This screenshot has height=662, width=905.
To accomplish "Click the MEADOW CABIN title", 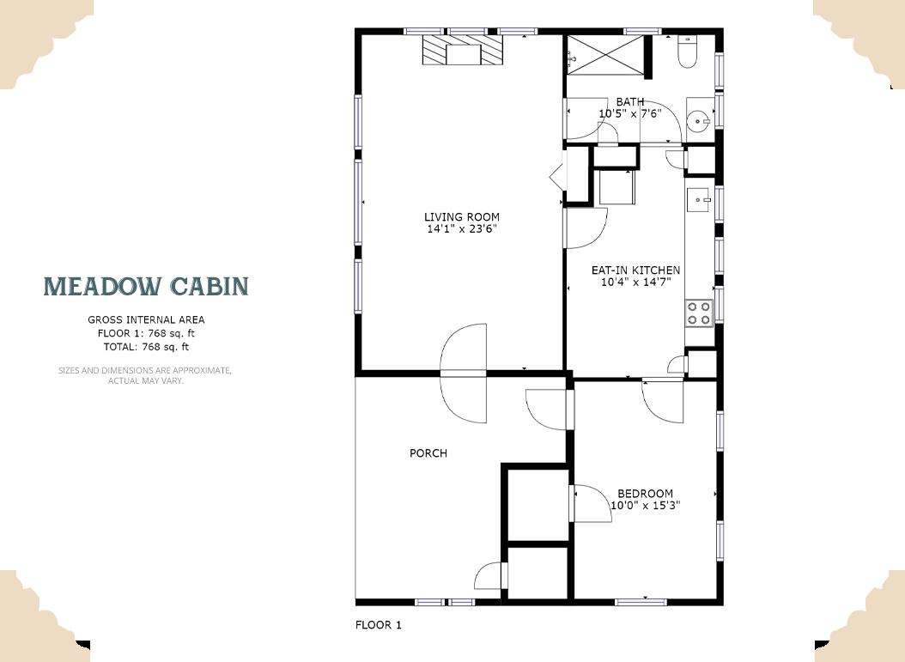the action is tap(147, 286).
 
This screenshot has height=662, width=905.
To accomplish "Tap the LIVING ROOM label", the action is tap(462, 217).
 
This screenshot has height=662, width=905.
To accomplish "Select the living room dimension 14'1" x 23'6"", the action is tap(462, 229).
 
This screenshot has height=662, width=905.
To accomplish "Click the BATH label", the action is tap(630, 102).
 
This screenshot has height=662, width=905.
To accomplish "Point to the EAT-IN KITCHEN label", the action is tap(635, 270).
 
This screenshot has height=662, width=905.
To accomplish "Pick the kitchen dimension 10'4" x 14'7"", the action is tap(635, 282).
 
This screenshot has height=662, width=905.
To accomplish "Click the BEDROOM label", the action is tap(646, 494).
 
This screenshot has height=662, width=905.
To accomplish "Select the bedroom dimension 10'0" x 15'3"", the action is tap(646, 506).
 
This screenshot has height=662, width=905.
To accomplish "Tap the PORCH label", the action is tap(428, 453).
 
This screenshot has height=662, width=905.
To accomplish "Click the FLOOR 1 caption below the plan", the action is tap(378, 624).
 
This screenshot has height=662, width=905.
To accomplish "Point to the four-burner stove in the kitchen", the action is tap(699, 313).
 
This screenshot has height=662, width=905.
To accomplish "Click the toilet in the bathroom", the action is tap(688, 52).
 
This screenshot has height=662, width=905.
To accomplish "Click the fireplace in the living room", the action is tap(462, 50).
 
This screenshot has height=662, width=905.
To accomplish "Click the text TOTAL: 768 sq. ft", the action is tap(146, 347).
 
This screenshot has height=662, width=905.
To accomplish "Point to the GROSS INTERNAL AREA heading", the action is tap(146, 319).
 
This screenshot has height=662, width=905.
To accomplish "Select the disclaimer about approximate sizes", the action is tap(145, 375).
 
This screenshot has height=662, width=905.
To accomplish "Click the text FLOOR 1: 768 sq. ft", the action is tap(146, 333).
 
